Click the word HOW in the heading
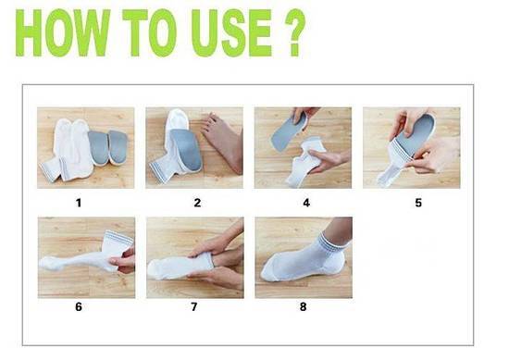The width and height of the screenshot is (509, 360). tap(63, 32)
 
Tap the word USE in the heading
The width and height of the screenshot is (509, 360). tap(231, 32)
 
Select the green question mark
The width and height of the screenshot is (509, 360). tap(295, 32)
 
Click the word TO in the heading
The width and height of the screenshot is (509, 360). tap(150, 32)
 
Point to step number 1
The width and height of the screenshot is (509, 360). tap(79, 203)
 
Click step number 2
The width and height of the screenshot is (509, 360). tap(197, 203)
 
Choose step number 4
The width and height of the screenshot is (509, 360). tap(306, 203)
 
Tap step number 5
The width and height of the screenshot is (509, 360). tap(418, 203)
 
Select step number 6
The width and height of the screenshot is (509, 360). tap(79, 306)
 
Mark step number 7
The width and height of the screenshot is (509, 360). tap(193, 306)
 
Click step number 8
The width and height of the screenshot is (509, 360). tap(304, 306)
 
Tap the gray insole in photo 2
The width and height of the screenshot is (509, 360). tap(187, 149)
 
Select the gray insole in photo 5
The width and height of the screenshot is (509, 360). tap(416, 133)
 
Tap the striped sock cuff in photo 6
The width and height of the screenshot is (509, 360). tap(118, 241)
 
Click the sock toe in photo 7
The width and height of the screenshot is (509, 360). tap(155, 269)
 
